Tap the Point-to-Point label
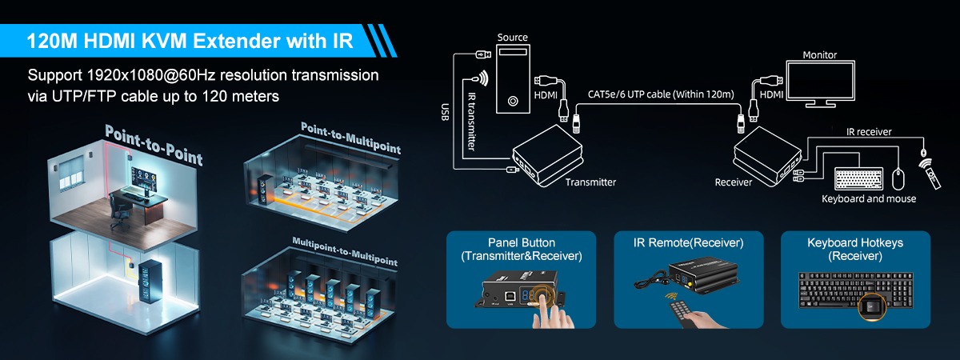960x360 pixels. pyautogui.click(x=154, y=145)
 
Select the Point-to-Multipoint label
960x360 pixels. pyautogui.click(x=350, y=138)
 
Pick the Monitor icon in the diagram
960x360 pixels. pyautogui.click(x=819, y=84)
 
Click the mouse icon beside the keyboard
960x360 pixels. pyautogui.click(x=898, y=177)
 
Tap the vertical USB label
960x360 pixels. pyautogui.click(x=446, y=112)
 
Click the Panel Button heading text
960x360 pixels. pyautogui.click(x=521, y=242)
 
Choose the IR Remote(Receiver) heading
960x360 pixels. pyautogui.click(x=688, y=242)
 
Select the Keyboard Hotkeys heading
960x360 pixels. pyautogui.click(x=854, y=242)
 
